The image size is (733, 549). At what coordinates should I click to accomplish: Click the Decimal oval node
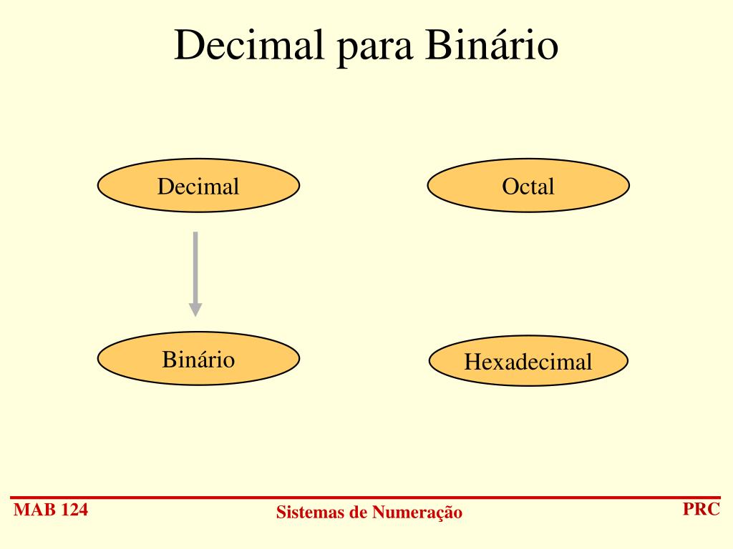198,186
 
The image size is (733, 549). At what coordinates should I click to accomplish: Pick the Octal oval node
528,186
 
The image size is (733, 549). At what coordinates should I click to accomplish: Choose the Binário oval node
198,358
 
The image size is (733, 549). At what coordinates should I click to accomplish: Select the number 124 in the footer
75,510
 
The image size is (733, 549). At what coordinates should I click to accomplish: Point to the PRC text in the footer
701,510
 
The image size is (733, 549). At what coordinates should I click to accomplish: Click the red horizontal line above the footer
366,497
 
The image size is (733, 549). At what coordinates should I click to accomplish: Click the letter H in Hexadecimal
471,362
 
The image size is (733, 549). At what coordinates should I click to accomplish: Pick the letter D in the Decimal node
165,187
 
